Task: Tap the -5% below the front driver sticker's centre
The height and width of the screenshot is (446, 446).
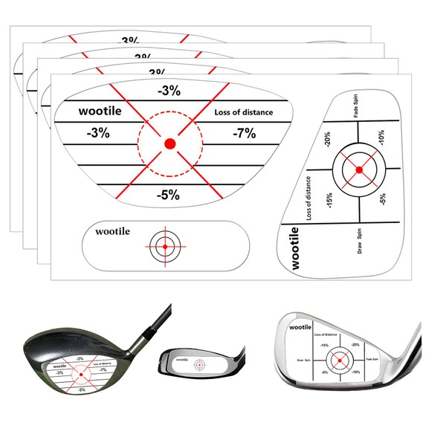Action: click(169, 195)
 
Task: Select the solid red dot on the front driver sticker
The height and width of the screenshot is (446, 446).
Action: click(169, 143)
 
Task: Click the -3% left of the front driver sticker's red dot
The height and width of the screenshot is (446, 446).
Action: click(97, 134)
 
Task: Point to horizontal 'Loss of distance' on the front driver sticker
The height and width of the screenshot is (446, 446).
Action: click(243, 113)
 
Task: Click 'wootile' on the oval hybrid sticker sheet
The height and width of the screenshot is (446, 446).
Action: click(112, 232)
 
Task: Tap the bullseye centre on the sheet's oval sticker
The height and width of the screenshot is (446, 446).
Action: click(163, 245)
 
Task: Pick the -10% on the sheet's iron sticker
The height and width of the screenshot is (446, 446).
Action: click(381, 139)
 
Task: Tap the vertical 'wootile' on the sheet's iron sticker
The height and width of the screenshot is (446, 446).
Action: click(295, 249)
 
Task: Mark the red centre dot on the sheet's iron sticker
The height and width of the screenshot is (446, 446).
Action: click(359, 170)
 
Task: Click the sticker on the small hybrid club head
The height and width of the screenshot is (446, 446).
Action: click(198, 365)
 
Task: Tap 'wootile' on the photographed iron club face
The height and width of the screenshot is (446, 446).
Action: click(302, 327)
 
